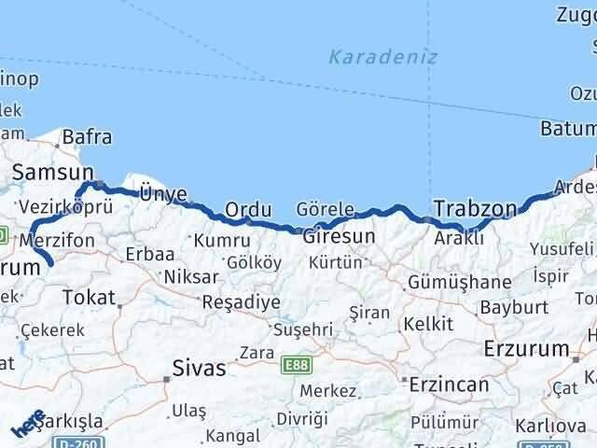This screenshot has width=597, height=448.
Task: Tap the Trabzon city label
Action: (x=476, y=207)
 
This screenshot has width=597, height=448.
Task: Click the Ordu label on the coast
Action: (x=248, y=210)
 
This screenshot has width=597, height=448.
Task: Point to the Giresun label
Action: (x=340, y=236)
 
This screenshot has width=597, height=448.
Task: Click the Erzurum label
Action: (x=527, y=349)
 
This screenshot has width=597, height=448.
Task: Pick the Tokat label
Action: (x=88, y=297)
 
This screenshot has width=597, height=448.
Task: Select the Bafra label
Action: (x=86, y=137)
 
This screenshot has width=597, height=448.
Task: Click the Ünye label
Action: (x=163, y=193)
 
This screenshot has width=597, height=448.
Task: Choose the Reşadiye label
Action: (x=241, y=302)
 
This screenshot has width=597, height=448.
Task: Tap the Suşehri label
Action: (x=302, y=329)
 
